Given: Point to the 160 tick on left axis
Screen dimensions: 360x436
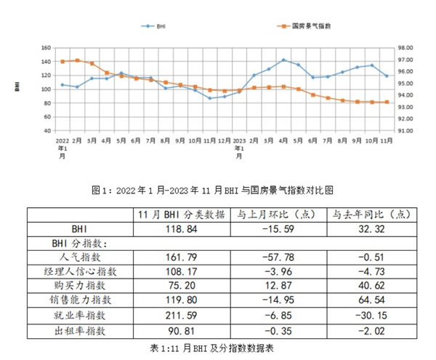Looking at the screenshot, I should tap(45, 48).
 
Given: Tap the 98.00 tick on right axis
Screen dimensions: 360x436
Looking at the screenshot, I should tap(403, 48).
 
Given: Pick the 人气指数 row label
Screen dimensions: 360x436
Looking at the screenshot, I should tap(82, 257).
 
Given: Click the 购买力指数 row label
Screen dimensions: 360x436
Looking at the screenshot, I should tap(82, 286).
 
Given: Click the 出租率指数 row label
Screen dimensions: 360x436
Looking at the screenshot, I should tap(82, 329).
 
